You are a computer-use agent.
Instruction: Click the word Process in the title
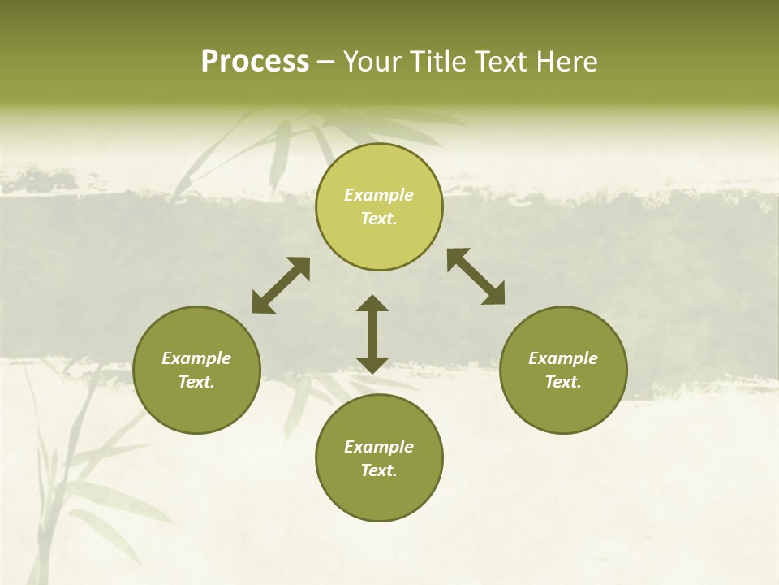pyautogui.click(x=255, y=62)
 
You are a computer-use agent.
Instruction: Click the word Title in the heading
pyautogui.click(x=438, y=62)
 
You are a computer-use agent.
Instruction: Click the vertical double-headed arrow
pyautogui.click(x=372, y=334)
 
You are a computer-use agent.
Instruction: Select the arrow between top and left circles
pyautogui.click(x=281, y=285)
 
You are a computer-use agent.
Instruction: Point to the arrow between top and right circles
pyautogui.click(x=476, y=276)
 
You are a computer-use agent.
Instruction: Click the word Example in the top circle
pyautogui.click(x=379, y=195)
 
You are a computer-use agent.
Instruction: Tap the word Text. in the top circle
pyautogui.click(x=379, y=219)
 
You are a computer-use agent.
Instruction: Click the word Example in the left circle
pyautogui.click(x=196, y=358)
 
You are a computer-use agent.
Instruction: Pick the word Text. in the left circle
pyautogui.click(x=196, y=382)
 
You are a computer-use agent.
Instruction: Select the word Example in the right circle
pyautogui.click(x=563, y=358)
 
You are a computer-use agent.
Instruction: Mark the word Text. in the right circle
pyautogui.click(x=563, y=382)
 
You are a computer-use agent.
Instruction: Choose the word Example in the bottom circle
pyautogui.click(x=379, y=447)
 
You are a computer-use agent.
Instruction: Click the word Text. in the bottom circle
pyautogui.click(x=379, y=470)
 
